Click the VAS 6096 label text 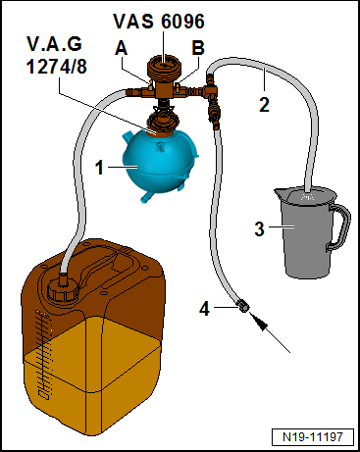(159, 22)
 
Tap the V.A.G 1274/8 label (56, 55)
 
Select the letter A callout (121, 49)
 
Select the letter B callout (198, 48)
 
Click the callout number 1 (99, 168)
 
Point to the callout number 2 (264, 105)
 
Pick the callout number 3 (260, 229)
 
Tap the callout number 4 (204, 309)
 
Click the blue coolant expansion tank (161, 165)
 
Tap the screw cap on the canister (63, 290)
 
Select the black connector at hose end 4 (243, 306)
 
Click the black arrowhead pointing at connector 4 (259, 322)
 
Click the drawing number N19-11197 (313, 437)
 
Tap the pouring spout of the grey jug (280, 194)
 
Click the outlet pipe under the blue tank (147, 197)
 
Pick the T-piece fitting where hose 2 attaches (209, 89)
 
